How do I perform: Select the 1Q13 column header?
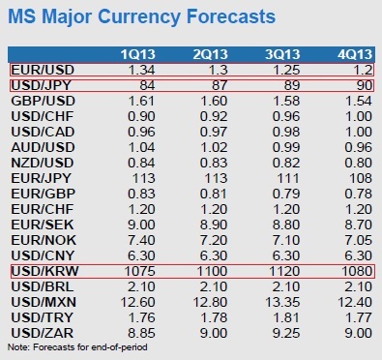138,54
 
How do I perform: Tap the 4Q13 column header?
355,54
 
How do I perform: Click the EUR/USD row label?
43,70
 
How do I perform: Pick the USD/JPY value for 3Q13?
291,85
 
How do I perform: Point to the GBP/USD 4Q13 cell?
358,101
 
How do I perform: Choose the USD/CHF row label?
43,116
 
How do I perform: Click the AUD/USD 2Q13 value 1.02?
214,147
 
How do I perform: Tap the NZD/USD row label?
43,163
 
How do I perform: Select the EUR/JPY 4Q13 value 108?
361,178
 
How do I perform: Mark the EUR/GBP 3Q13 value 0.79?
286,194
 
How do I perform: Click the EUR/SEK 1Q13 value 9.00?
141,225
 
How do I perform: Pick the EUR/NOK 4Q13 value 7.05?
358,240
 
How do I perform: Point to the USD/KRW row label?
44,271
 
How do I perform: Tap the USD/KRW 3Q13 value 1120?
284,271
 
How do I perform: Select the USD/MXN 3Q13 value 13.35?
282,302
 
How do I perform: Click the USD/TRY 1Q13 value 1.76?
141,317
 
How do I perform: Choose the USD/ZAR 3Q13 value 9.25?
286,333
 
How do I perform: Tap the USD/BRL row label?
43,286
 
